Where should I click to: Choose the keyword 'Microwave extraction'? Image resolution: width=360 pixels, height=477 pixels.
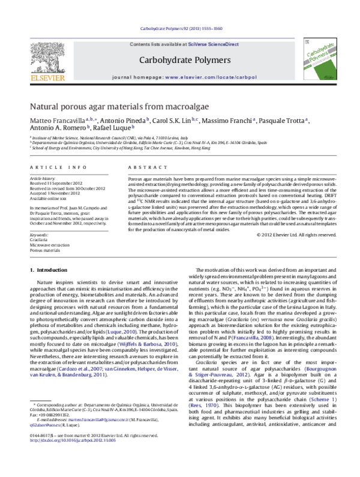coord(49,244)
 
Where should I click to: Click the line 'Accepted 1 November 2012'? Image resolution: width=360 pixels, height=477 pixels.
coord(55,193)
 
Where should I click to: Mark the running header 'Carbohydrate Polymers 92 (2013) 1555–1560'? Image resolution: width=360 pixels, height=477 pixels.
coord(180,28)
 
